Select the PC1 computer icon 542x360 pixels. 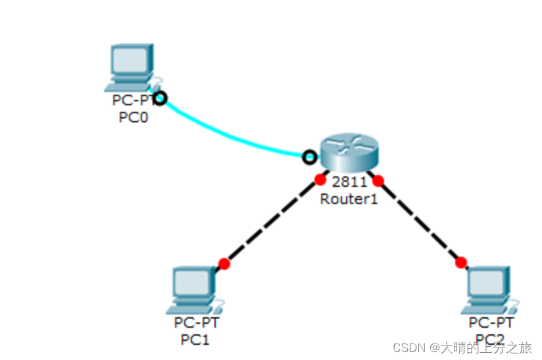pos(193,290)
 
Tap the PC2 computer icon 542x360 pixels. pos(489,290)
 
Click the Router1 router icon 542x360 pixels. pos(349,151)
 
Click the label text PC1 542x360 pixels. pos(195,340)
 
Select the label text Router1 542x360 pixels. pos(349,199)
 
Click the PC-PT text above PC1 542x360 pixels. pos(196,323)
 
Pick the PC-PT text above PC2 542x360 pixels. pos(491,323)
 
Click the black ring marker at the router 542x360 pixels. pos(308,157)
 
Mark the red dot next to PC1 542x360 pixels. pos(224,264)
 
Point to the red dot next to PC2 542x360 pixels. pos(461,263)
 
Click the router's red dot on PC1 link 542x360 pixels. pos(320,178)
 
